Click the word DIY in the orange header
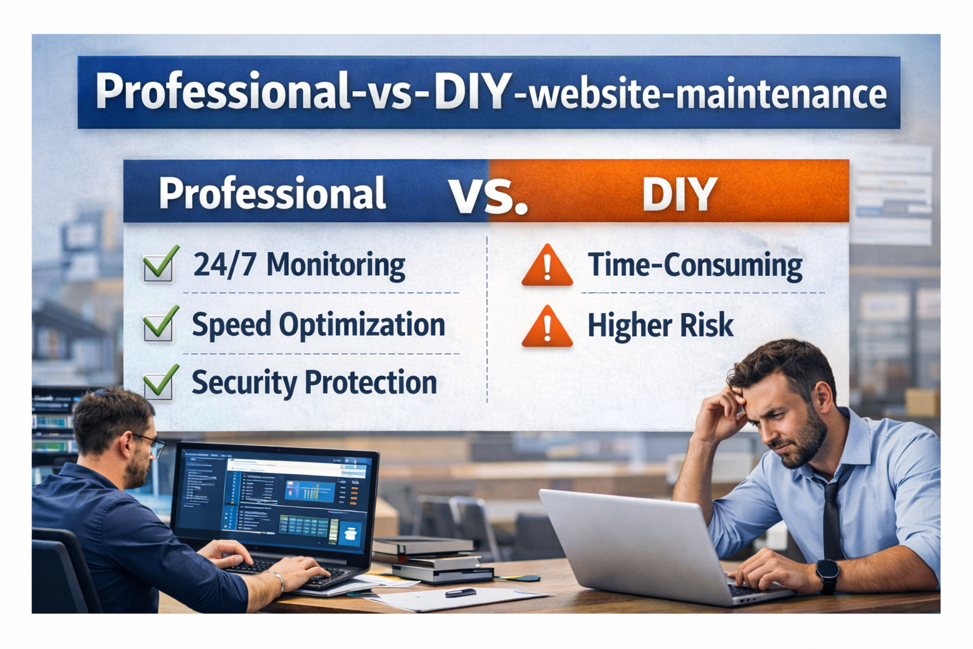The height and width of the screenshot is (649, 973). click(679, 194)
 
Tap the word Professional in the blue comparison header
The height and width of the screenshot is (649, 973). click(272, 194)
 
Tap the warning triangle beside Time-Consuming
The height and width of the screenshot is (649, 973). click(547, 266)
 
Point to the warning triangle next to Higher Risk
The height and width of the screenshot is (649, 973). click(547, 327)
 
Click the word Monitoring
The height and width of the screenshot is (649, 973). click(336, 265)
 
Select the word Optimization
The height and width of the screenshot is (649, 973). click(362, 325)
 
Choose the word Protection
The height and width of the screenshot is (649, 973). click(371, 383)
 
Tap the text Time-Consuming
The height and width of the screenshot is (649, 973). click(695, 266)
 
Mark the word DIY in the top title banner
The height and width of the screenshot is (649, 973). click(473, 93)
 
